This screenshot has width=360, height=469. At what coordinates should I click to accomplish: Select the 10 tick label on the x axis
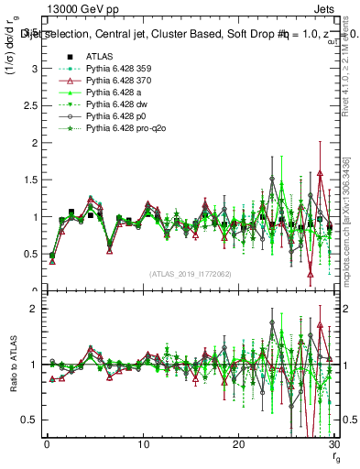tap(143, 444)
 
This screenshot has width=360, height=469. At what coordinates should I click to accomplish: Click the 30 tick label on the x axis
tap(333, 444)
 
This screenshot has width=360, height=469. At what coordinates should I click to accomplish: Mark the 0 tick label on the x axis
tap(47, 444)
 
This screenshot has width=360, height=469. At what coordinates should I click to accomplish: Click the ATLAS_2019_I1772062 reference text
tap(191, 274)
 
